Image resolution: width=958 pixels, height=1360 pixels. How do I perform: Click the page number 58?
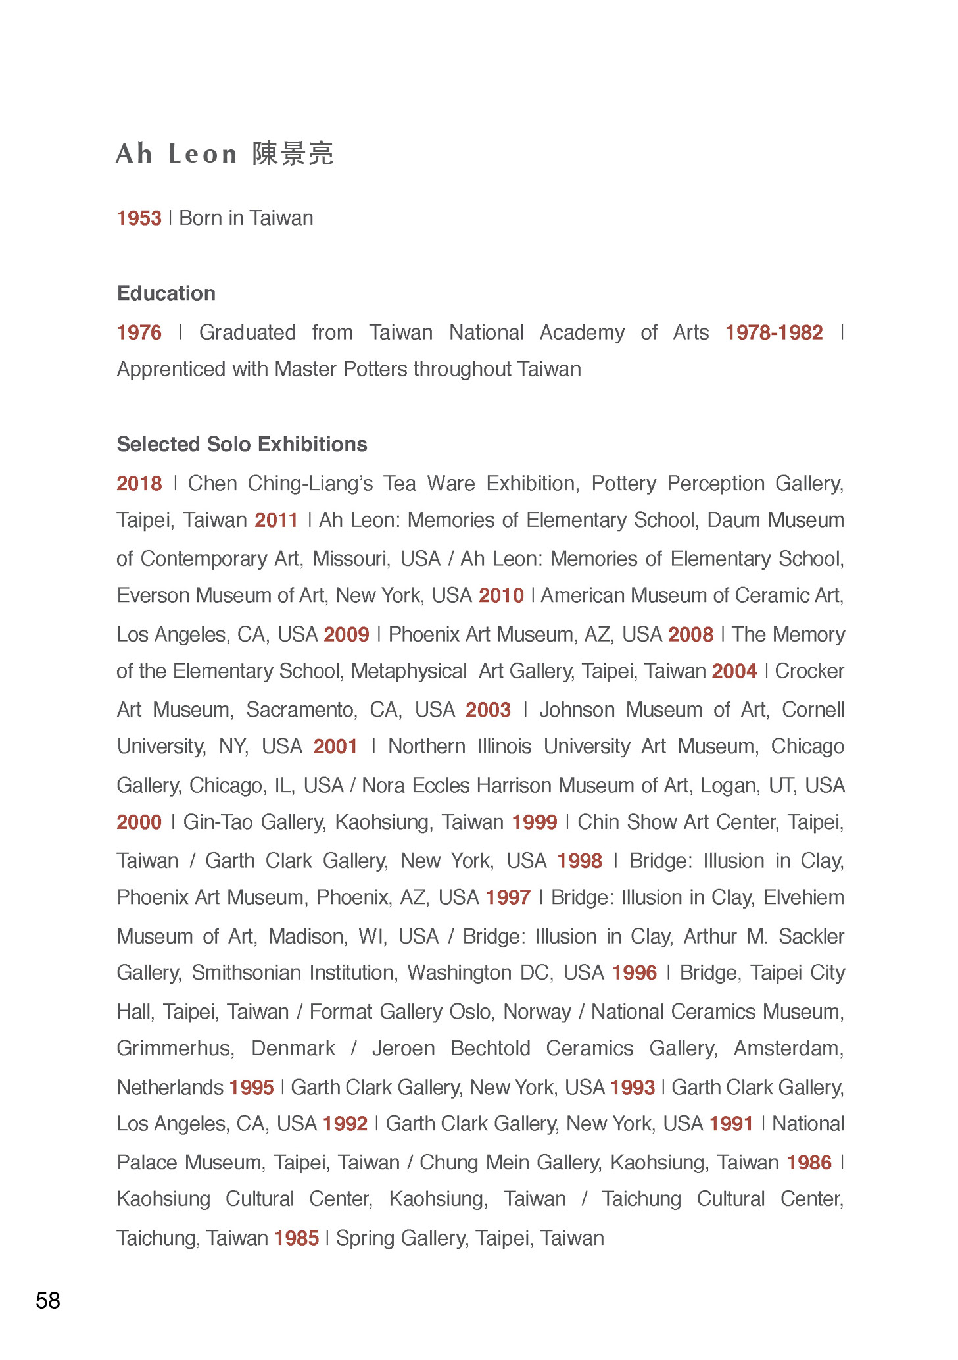[48, 1300]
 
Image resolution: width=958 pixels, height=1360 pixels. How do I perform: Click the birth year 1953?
[139, 218]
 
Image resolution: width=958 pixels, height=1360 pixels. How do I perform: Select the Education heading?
[166, 293]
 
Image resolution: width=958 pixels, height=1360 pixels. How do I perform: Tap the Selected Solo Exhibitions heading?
[242, 444]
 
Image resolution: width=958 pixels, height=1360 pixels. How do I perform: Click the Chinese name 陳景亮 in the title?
[293, 154]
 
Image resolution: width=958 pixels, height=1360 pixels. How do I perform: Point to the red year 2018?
[139, 484]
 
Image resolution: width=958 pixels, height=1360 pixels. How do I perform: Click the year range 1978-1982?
[774, 332]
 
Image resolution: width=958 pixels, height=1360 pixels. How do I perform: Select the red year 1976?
[139, 332]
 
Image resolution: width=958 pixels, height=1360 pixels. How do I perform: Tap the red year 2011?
[277, 520]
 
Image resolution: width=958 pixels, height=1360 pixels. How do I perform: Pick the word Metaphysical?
[409, 671]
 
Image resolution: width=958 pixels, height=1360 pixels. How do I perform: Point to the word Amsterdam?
[788, 1048]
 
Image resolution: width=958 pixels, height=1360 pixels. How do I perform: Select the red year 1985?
[297, 1238]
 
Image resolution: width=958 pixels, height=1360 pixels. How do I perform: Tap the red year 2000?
[139, 822]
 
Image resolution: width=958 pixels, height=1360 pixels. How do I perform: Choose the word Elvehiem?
[803, 897]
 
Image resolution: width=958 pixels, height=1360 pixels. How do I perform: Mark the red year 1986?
[809, 1163]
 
